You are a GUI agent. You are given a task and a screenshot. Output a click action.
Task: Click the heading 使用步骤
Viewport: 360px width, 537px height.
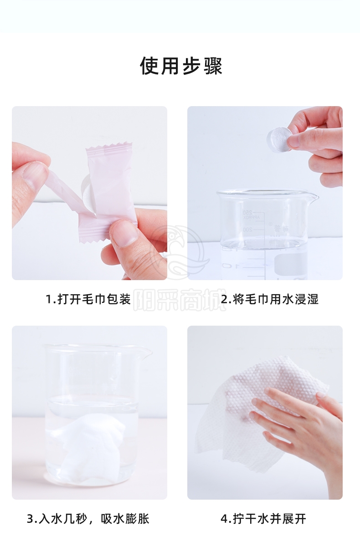(181, 66)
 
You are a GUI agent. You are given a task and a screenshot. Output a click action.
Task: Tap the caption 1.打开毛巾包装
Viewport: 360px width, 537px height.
(88, 299)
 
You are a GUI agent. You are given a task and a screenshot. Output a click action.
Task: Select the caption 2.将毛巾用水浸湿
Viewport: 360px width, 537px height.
(270, 299)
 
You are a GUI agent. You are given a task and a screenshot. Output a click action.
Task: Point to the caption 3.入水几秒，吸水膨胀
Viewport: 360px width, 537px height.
(88, 518)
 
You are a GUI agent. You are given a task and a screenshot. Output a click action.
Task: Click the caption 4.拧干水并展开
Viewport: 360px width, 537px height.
(263, 518)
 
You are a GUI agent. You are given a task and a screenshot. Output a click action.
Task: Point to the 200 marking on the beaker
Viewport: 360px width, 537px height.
(247, 230)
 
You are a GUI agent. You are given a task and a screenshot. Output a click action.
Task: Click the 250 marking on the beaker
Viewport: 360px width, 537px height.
(247, 213)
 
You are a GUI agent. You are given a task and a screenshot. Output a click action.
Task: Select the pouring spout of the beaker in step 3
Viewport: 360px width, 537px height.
(145, 352)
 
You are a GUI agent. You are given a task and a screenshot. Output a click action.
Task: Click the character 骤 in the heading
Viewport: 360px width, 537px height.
(213, 66)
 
